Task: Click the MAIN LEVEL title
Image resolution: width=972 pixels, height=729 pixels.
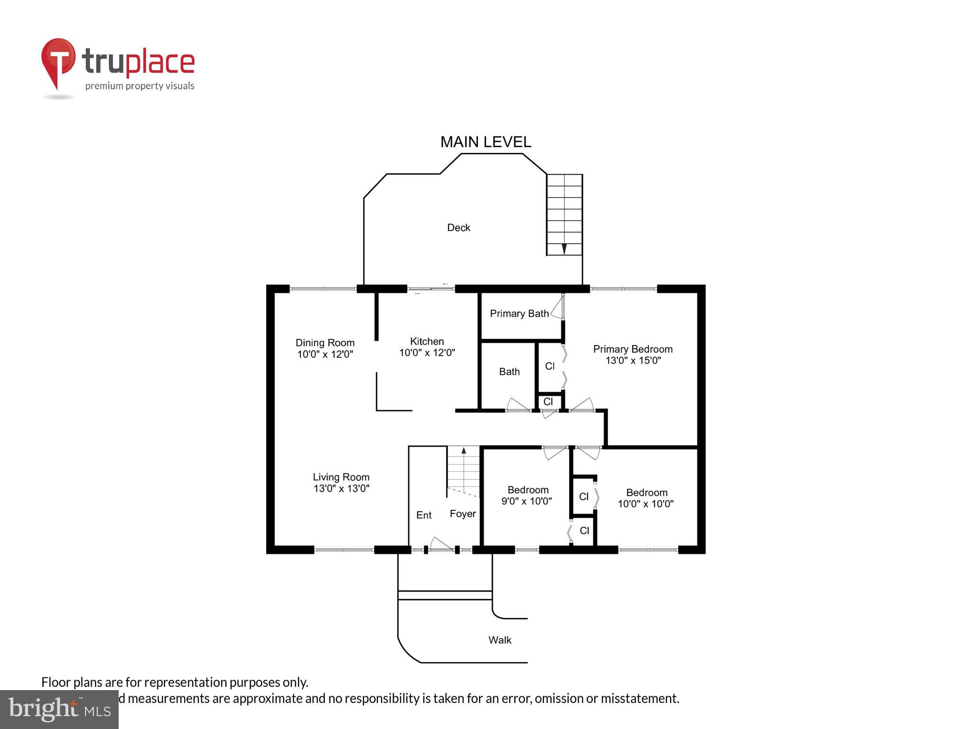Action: (486, 142)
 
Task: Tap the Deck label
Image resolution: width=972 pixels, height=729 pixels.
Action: (458, 228)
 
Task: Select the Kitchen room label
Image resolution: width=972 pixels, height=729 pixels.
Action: (427, 341)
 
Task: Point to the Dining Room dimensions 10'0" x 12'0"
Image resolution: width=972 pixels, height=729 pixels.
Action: (325, 355)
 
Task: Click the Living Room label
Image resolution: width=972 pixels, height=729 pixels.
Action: (341, 477)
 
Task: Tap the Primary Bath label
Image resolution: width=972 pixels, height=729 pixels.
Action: (519, 314)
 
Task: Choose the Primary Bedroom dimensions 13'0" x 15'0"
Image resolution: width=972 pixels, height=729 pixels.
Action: (633, 360)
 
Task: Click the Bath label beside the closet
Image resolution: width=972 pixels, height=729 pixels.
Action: (509, 372)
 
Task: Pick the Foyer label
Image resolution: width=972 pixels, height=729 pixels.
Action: (463, 514)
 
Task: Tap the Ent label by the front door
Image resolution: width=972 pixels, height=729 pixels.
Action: (424, 515)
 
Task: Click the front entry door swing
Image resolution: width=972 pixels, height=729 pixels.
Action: (440, 544)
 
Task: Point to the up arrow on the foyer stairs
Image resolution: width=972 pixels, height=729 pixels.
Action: (464, 450)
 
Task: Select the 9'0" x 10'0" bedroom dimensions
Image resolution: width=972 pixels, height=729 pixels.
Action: (526, 501)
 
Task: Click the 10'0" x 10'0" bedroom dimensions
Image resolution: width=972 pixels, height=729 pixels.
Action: (645, 504)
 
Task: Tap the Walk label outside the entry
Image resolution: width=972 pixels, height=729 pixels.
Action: (500, 640)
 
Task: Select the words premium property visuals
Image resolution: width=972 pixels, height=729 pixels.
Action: (140, 86)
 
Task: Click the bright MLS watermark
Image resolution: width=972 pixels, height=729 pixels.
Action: (59, 710)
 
